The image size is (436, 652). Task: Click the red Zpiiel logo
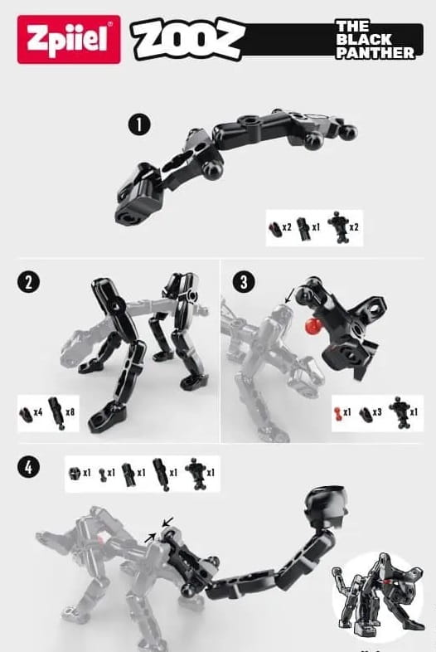pyautogui.click(x=69, y=40)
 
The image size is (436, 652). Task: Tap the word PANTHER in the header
pyautogui.click(x=375, y=53)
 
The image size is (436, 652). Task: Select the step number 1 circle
pyautogui.click(x=139, y=124)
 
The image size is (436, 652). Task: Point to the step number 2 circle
pyautogui.click(x=29, y=282)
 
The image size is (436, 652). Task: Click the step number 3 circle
pyautogui.click(x=244, y=281)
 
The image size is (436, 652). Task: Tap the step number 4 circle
pyautogui.click(x=29, y=467)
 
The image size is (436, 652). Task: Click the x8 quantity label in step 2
pyautogui.click(x=70, y=412)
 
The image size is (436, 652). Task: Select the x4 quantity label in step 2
pyautogui.click(x=38, y=412)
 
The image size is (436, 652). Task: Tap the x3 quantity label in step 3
pyautogui.click(x=377, y=412)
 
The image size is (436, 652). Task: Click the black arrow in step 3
pyautogui.click(x=289, y=296)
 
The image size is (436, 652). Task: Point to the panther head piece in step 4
pyautogui.click(x=327, y=506)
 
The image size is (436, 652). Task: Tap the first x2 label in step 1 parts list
pyautogui.click(x=287, y=227)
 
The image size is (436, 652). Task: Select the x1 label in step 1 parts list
pyautogui.click(x=316, y=227)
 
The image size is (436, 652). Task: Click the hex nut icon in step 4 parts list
pyautogui.click(x=75, y=473)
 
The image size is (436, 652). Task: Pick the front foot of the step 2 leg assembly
pyautogui.click(x=106, y=418)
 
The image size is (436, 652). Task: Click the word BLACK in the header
pyautogui.click(x=364, y=40)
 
